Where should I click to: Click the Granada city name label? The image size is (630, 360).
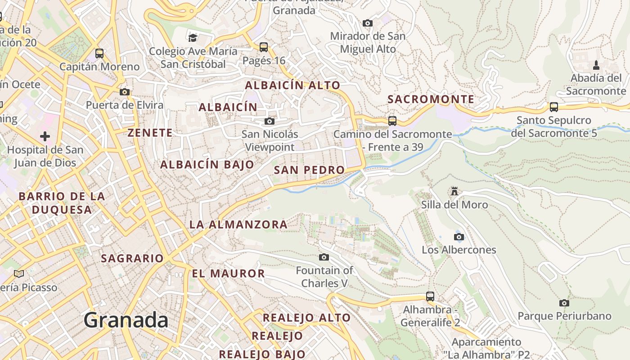(126, 320)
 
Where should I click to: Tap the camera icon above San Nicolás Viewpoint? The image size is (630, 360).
(270, 121)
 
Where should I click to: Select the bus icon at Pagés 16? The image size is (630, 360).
(264, 47)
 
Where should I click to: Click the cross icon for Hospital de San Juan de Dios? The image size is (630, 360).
(45, 136)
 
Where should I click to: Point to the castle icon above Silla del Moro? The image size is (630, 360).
(454, 192)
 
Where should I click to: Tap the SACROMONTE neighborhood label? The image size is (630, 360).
(431, 99)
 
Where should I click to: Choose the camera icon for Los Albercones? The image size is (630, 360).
(459, 237)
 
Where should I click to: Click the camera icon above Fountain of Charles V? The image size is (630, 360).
(324, 257)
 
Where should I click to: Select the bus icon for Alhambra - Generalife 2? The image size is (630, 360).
(430, 297)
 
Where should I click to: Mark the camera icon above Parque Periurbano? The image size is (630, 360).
(564, 303)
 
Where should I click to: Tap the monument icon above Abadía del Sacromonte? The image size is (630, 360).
(596, 65)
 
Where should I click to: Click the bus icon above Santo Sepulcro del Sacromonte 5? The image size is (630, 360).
(554, 107)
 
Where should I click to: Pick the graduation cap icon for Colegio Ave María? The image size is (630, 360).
(193, 38)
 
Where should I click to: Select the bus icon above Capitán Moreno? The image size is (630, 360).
(99, 54)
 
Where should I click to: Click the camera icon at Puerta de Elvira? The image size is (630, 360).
(125, 92)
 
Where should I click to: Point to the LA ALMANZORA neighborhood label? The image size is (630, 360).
(238, 224)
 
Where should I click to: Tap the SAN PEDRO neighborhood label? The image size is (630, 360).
(309, 170)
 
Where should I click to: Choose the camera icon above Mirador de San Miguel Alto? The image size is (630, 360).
(368, 23)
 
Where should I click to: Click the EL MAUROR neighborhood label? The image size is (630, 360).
(228, 274)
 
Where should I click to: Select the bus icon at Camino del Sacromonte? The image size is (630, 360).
(392, 121)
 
